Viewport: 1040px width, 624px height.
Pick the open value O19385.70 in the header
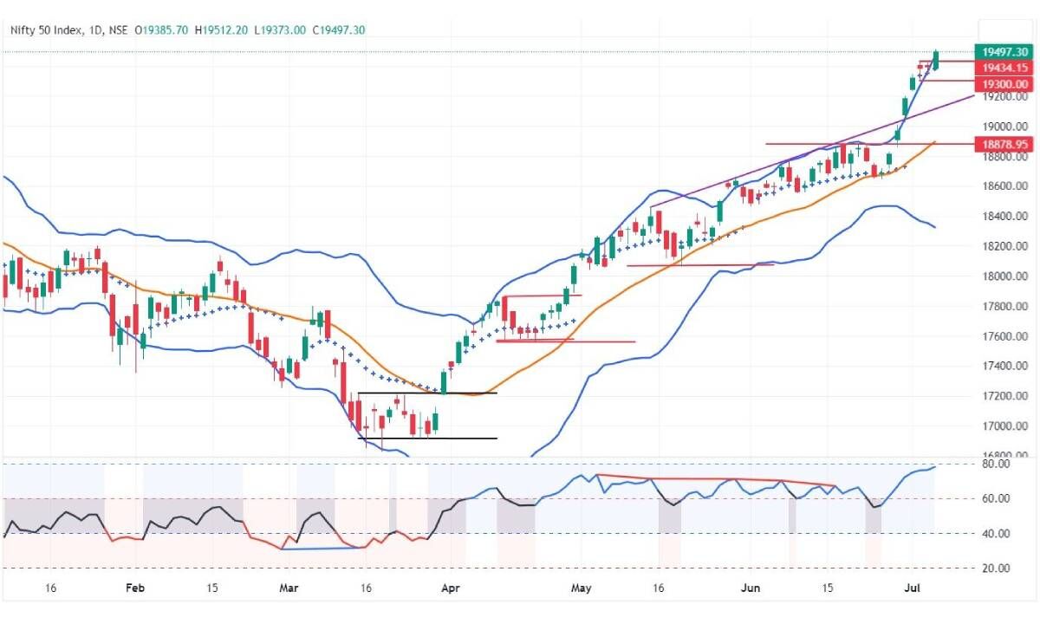[162, 30]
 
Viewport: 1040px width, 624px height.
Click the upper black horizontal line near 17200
[427, 393]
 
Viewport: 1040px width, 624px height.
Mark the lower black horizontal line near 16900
[427, 439]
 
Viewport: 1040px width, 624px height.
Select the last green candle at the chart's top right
[935, 61]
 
